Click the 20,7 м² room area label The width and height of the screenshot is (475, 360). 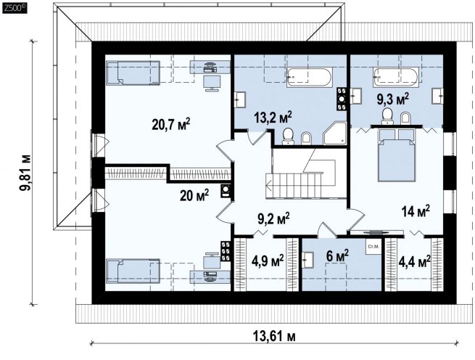171,124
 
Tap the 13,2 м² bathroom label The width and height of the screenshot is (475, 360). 273,117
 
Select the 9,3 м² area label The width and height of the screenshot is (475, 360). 393,99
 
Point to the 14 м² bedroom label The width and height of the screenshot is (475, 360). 416,210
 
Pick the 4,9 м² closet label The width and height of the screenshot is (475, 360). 268,261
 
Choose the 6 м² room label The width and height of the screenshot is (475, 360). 337,256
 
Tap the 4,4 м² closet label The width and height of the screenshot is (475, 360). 414,261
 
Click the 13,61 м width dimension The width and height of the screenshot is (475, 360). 274,336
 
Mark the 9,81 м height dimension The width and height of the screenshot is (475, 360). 25,173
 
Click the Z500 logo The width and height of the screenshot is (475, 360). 15,8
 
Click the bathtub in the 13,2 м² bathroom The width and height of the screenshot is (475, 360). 310,78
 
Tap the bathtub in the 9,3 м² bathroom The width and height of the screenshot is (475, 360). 396,77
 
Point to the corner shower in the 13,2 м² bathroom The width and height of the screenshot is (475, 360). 335,133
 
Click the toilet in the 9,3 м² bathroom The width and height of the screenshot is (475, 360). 387,116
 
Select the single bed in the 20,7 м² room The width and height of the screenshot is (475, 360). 133,73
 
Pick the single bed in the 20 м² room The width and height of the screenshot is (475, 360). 133,271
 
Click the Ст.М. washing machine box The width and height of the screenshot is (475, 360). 373,247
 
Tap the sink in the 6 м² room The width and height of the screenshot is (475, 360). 309,260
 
